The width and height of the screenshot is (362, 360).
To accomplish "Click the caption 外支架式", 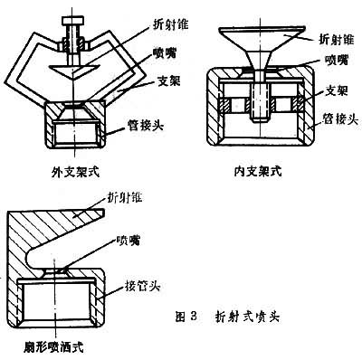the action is pos(76,173).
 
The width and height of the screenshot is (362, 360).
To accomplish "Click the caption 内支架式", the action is pos(258,171).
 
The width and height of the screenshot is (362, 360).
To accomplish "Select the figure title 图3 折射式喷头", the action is pos(228,317).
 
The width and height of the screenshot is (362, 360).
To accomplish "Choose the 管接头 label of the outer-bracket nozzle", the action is pos(146,125).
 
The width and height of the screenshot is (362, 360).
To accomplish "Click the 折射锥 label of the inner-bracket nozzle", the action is pos(336,39).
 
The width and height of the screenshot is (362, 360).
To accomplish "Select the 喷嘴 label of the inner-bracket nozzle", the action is pos(337,61).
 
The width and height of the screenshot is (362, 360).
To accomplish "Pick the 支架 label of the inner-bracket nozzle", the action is pos(337,90).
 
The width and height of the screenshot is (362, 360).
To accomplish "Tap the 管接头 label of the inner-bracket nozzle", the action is pos(340,119).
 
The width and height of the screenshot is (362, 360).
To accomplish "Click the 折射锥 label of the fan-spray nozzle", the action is pos(125,198).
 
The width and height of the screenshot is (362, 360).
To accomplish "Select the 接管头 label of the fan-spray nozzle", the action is pos(142,286).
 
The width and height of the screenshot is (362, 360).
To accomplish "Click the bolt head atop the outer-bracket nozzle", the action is pos(72,21).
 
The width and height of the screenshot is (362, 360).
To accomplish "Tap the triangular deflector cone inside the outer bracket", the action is pos(72,71).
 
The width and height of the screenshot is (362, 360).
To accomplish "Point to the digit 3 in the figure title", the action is pos(194,317).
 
